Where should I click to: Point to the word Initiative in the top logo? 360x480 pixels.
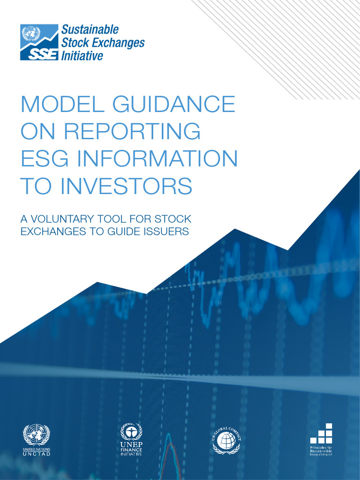tap(82, 56)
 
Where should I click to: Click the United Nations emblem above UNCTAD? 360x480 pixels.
tap(37, 435)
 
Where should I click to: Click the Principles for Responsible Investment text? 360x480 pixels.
tap(321, 451)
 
